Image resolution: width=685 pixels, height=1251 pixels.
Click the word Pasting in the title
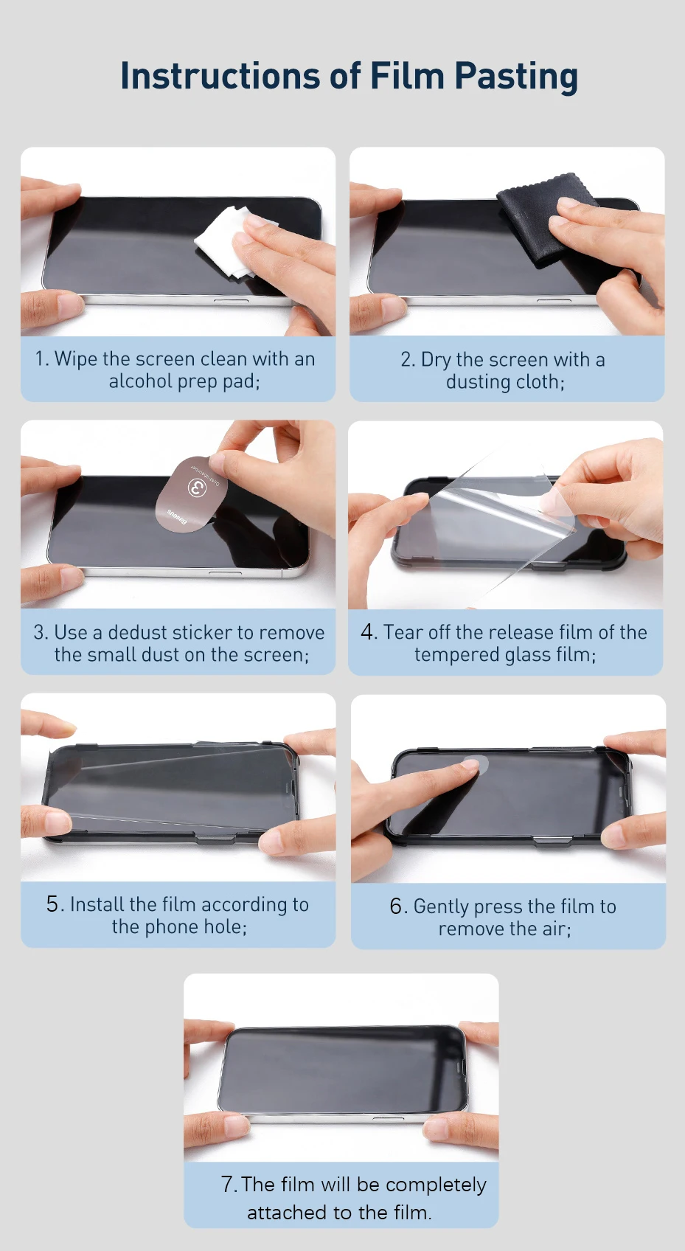(x=515, y=77)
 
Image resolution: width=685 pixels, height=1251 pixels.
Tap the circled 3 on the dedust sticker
(x=197, y=488)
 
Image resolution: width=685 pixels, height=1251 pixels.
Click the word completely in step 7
(x=436, y=1185)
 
